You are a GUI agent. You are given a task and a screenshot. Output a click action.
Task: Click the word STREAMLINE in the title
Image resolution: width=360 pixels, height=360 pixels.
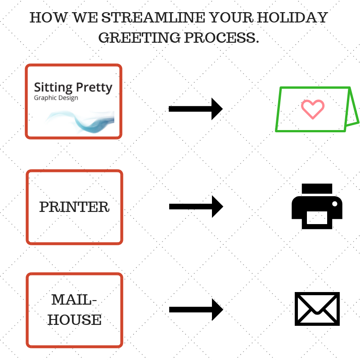point(153,18)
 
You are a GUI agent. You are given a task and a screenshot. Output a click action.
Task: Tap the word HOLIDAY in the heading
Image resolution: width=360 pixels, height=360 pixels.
point(292,18)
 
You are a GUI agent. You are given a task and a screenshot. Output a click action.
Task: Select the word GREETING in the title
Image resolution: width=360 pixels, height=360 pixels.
point(139,37)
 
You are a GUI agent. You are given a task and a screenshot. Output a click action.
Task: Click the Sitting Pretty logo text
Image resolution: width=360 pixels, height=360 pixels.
point(73,87)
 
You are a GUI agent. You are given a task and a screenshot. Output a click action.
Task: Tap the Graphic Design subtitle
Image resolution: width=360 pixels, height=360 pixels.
point(56,98)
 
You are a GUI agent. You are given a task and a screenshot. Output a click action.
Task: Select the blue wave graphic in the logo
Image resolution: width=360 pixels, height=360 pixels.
point(81,121)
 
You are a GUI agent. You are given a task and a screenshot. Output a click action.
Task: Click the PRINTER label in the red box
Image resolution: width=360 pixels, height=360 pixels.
point(74,207)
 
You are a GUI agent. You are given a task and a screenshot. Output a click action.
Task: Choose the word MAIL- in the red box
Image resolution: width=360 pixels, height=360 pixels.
point(74,300)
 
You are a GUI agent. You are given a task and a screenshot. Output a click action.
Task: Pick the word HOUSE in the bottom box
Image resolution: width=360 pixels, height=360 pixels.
point(74,319)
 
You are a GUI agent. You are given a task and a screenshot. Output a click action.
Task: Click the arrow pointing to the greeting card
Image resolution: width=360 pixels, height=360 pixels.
point(196,109)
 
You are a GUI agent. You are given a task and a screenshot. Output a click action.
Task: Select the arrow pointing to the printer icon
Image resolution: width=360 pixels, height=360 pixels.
point(196,207)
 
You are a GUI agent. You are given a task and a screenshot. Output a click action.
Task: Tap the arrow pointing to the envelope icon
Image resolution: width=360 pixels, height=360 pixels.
point(196,310)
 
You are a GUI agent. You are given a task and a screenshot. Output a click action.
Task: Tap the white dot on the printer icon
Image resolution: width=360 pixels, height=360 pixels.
point(335,204)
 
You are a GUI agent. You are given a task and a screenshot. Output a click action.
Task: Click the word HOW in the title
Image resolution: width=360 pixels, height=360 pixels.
point(49,18)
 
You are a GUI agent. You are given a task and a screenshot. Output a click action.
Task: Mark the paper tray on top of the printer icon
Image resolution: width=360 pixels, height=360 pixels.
point(317,189)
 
